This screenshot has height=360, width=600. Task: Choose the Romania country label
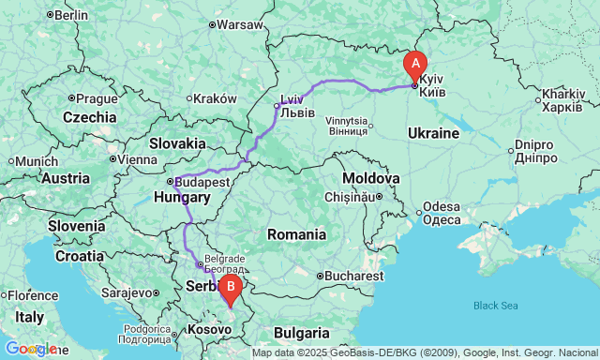pyautogui.click(x=295, y=234)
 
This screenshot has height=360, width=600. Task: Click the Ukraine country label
pyautogui.click(x=433, y=134)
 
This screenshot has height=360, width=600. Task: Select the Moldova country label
pyautogui.click(x=370, y=178)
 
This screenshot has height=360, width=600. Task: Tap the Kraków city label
pyautogui.click(x=216, y=98)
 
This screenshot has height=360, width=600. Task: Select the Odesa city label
pyautogui.click(x=441, y=206)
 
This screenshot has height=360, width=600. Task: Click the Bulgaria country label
pyautogui.click(x=302, y=333)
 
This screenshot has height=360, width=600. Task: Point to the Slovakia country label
pyautogui.click(x=177, y=143)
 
